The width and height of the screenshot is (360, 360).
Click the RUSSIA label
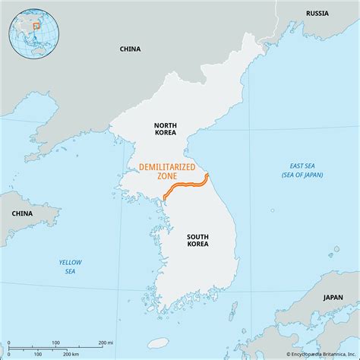tap(317, 14)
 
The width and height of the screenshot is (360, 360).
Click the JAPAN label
tap(332, 298)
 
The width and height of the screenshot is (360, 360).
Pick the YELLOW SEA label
tap(69, 266)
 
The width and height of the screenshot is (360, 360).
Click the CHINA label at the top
tap(130, 49)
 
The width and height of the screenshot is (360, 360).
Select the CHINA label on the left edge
tap(21, 214)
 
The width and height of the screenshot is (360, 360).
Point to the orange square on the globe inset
tap(36, 27)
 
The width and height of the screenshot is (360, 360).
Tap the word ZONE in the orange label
tap(166, 176)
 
